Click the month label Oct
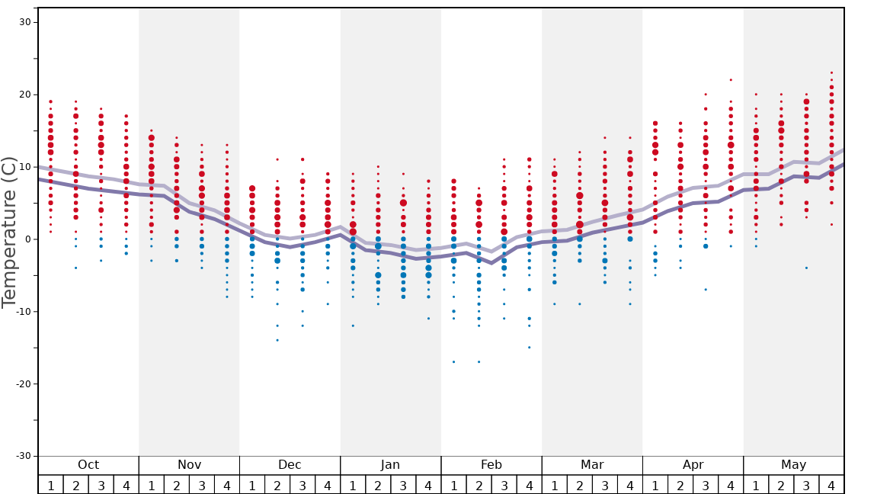click(x=88, y=465)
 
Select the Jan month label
click(x=390, y=465)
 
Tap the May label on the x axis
click(x=793, y=465)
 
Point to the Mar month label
click(x=592, y=465)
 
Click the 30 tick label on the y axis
click(x=24, y=22)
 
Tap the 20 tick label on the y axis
click(x=24, y=95)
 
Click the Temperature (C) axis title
click(x=9, y=232)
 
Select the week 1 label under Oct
click(x=51, y=486)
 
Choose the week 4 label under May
click(x=831, y=486)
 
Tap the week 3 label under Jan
click(x=403, y=486)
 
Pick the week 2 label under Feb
click(x=479, y=486)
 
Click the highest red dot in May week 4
click(x=831, y=72)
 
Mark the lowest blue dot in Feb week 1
click(x=453, y=361)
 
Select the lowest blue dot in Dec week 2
click(x=277, y=340)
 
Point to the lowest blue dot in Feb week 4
click(x=529, y=347)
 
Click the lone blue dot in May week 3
click(x=806, y=268)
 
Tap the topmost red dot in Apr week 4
click(x=731, y=79)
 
